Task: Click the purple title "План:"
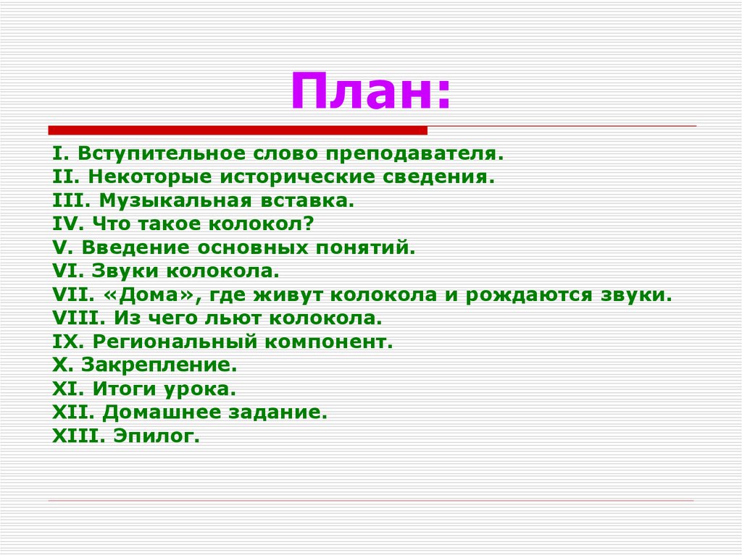click(x=370, y=92)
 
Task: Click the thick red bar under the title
click(x=238, y=130)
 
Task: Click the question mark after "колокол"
click(x=309, y=224)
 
